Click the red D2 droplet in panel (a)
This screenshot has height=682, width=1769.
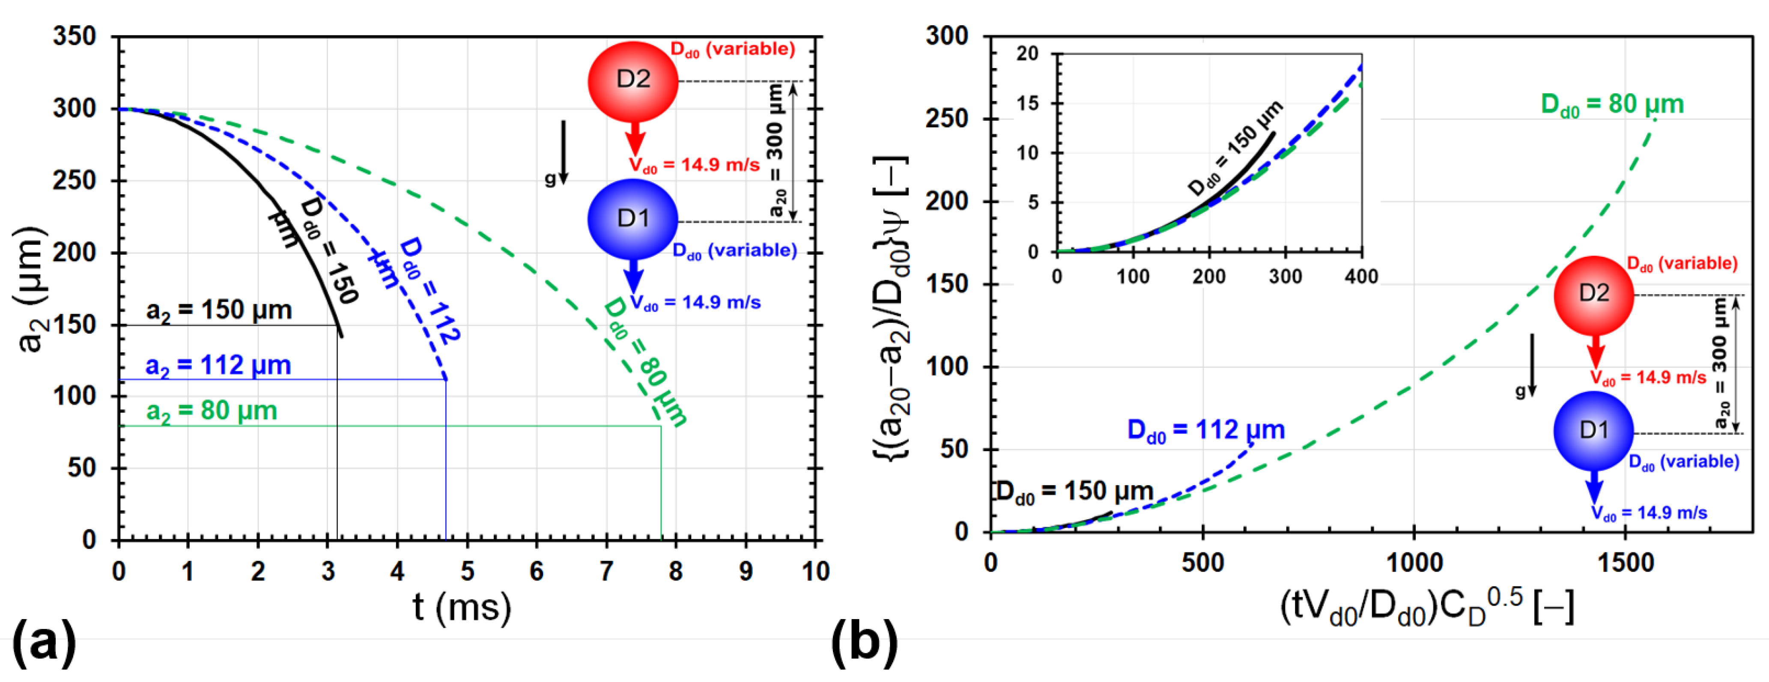click(x=632, y=81)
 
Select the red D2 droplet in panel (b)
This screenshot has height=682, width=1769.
click(x=1593, y=295)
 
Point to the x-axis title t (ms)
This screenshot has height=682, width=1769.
click(x=462, y=607)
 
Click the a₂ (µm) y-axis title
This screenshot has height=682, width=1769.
click(x=30, y=289)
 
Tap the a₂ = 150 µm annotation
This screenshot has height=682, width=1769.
click(x=218, y=310)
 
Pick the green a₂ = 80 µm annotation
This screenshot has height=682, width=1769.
click(x=212, y=411)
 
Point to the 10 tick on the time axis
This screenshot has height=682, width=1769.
click(x=815, y=572)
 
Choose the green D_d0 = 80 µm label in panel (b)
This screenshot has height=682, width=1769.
click(x=1612, y=105)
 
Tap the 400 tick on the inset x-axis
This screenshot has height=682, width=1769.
click(x=1361, y=277)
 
